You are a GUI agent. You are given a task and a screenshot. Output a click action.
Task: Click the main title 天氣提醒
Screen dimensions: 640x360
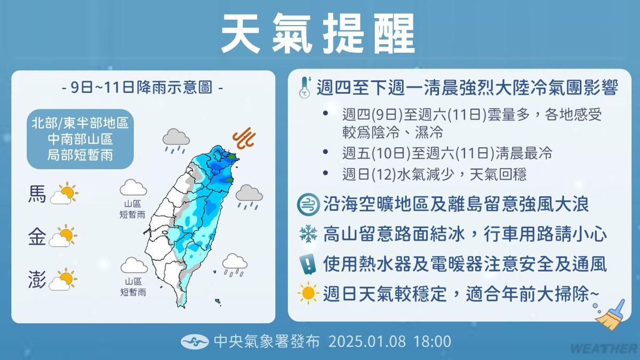[318, 34]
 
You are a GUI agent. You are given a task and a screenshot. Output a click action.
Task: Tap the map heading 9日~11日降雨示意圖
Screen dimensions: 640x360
[142, 87]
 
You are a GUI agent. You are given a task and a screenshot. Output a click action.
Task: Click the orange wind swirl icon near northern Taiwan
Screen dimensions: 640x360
[244, 138]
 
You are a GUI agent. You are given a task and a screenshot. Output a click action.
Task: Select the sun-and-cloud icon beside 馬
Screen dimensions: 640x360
[65, 193]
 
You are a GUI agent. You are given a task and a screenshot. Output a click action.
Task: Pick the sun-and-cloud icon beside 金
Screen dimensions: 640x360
[63, 236]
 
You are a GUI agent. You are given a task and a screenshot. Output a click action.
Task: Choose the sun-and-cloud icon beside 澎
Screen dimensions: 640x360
[63, 279]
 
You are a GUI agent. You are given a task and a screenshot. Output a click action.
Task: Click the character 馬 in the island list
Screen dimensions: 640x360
[37, 194]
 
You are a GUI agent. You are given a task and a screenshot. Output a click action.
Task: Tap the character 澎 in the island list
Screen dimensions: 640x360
[37, 280]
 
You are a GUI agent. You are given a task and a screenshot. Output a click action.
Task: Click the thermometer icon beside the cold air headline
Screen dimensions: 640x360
[305, 87]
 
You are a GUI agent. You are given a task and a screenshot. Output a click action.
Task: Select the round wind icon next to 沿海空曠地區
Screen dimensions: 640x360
[308, 204]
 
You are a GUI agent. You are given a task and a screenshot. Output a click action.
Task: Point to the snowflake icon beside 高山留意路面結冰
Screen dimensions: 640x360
[308, 234]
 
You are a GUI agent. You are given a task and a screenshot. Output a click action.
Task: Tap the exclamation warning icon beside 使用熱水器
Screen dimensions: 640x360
[308, 264]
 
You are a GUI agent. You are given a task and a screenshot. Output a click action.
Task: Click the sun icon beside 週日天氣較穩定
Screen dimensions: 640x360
[308, 293]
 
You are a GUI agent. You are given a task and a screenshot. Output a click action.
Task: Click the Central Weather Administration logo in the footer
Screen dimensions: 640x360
[195, 342]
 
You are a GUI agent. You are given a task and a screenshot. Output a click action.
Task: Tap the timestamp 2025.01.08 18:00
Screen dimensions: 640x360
[390, 342]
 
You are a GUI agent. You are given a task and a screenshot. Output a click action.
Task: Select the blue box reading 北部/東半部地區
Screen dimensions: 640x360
[81, 139]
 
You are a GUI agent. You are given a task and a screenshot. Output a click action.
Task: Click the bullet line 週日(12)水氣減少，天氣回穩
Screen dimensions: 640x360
[434, 174]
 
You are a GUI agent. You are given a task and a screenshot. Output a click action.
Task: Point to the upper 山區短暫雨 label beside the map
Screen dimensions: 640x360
[132, 209]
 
